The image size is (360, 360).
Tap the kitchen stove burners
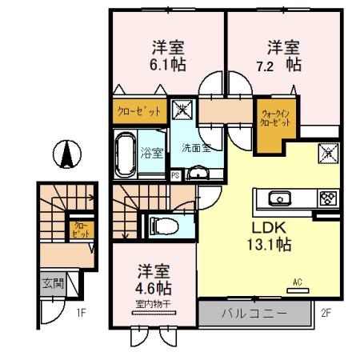coord(328,198)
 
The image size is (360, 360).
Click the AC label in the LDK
coord(297,282)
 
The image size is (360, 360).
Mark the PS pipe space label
coord(175,175)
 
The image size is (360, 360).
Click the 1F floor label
coord(81,312)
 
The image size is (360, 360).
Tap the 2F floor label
coord(326,312)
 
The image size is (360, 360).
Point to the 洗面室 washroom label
coord(196,148)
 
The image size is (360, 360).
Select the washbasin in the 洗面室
coord(196,172)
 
